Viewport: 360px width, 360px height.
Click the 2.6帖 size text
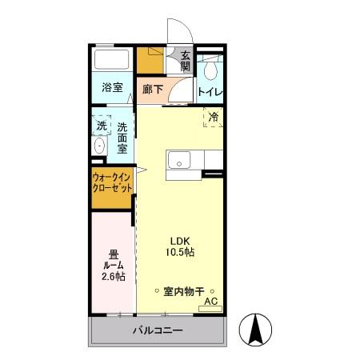click(x=113, y=277)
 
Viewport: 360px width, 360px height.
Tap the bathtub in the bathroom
click(x=113, y=61)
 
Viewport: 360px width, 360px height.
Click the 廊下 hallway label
click(x=152, y=90)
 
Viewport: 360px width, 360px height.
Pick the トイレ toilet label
click(x=210, y=91)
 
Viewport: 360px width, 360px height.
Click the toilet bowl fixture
click(x=210, y=70)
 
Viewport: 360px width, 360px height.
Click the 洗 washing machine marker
click(x=102, y=126)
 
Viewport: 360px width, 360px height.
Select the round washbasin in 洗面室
click(x=98, y=146)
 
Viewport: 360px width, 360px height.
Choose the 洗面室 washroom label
click(x=122, y=138)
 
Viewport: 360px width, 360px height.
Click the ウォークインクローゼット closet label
click(x=111, y=182)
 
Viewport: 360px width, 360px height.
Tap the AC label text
click(x=211, y=301)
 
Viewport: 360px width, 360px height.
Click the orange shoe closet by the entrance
click(x=148, y=61)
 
